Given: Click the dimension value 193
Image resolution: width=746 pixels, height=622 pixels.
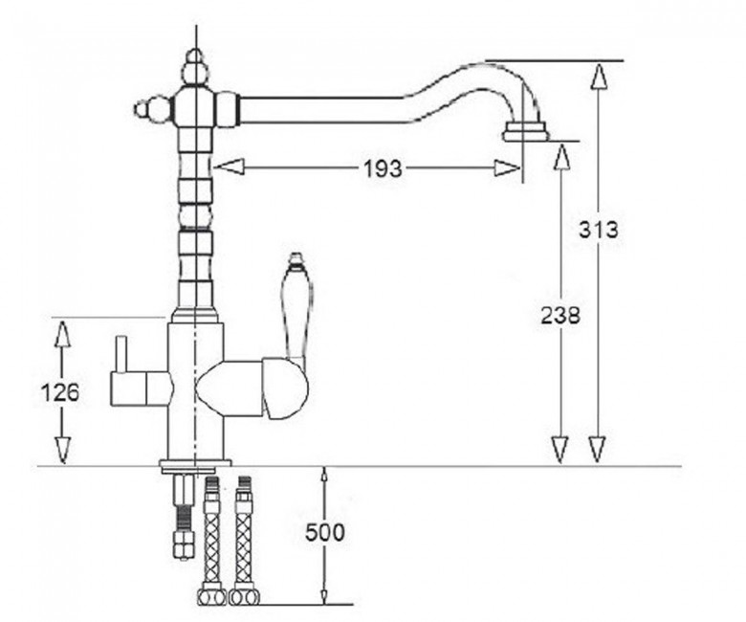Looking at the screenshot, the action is (x=383, y=168).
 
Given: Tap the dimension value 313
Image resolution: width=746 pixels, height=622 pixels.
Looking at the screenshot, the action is (x=599, y=230).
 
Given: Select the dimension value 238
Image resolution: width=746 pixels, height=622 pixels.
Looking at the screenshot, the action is (x=560, y=315).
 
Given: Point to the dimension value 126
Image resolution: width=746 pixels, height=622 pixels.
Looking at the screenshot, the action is (x=60, y=392).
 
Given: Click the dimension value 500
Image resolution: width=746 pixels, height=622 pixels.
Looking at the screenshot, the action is (x=324, y=532).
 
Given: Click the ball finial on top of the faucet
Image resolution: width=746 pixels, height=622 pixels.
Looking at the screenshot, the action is (x=195, y=67).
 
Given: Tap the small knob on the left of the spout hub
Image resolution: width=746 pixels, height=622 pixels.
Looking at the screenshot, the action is (x=152, y=109).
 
